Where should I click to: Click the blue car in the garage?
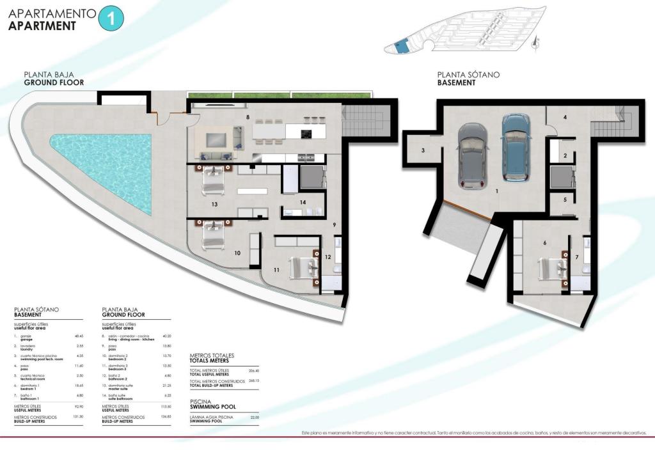pos(516,148)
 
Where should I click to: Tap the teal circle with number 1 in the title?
pos(111,18)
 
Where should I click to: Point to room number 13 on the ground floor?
pos(215,205)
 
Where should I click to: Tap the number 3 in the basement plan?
pos(423,151)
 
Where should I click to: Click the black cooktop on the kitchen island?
pos(306,134)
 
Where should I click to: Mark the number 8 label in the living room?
pos(246,118)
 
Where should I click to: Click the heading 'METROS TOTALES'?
pos(212,355)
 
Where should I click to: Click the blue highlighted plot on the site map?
pos(400,46)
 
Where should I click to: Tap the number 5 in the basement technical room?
pos(565,200)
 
